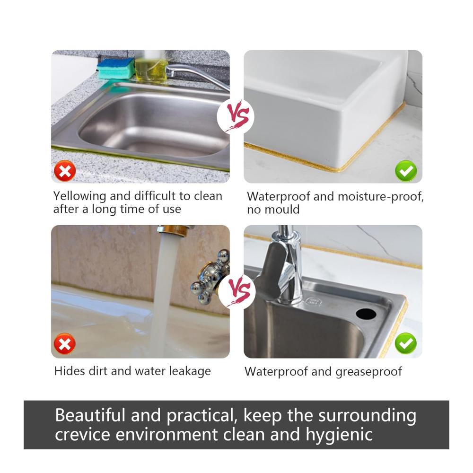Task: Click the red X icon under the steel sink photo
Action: pyautogui.click(x=65, y=171)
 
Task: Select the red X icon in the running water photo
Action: pyautogui.click(x=64, y=343)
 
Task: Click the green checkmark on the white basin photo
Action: pyautogui.click(x=406, y=171)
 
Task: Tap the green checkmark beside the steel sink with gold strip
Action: pyautogui.click(x=406, y=343)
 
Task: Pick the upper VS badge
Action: pyautogui.click(x=236, y=116)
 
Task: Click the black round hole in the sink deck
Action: pyautogui.click(x=366, y=314)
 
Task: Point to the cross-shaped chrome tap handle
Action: pyautogui.click(x=211, y=276)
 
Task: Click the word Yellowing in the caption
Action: pyautogui.click(x=79, y=196)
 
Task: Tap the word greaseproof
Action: pyautogui.click(x=368, y=372)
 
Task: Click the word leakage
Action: pyautogui.click(x=190, y=371)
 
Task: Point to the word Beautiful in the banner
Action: pyautogui.click(x=90, y=415)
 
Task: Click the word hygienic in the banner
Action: pyautogui.click(x=339, y=435)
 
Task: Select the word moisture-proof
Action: pyautogui.click(x=381, y=197)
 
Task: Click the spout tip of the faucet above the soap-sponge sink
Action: pyautogui.click(x=169, y=72)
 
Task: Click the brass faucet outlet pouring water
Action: pyautogui.click(x=173, y=231)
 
